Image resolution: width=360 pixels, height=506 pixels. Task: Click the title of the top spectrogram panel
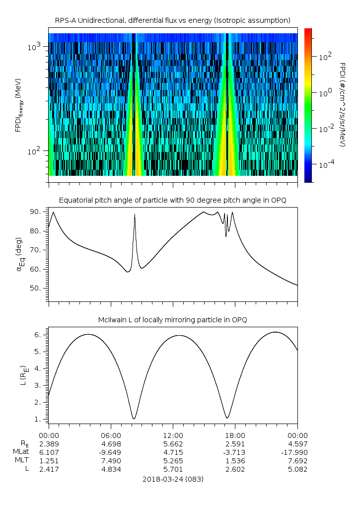point(173,20)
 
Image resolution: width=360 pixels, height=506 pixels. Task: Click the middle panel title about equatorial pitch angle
point(173,200)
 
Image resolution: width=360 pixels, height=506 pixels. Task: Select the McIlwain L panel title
point(173,320)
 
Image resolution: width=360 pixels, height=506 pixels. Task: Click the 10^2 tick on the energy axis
point(38,151)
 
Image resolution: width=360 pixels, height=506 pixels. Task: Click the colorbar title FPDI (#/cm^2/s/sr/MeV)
point(342,104)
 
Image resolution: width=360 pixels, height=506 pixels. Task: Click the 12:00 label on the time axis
point(173,435)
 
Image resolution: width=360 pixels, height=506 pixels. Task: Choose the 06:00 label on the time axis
point(111,435)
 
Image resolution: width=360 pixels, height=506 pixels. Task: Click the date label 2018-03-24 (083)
point(173,479)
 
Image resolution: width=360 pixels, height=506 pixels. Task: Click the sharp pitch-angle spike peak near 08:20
point(135,214)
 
